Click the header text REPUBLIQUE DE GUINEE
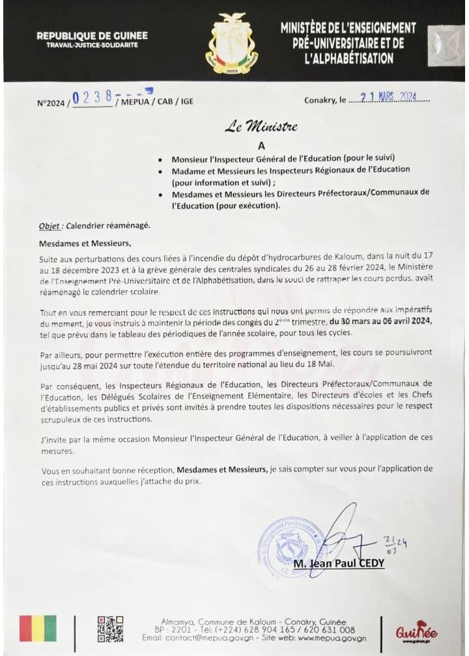point(92,36)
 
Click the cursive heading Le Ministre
point(261,127)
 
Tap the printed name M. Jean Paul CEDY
point(339,563)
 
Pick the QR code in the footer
point(110,629)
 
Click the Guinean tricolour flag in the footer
point(38,629)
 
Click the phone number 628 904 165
point(287,630)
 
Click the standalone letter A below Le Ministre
point(261,146)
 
